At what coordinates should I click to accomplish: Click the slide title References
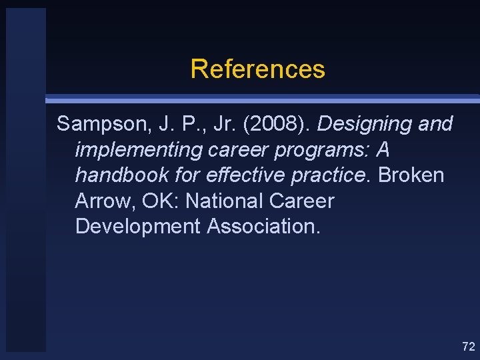257,69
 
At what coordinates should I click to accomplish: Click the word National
222,201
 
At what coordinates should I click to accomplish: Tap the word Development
137,226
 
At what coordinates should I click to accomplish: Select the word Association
263,226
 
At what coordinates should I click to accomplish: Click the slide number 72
468,346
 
